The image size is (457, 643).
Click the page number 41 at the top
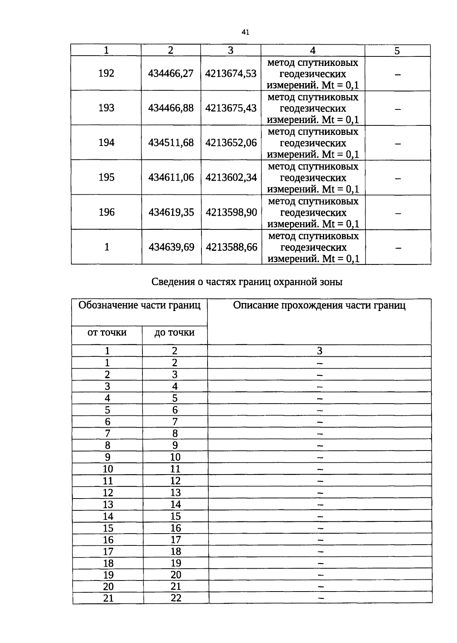(x=245, y=32)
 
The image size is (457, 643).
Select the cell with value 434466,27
(x=171, y=73)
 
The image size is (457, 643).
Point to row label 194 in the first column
(x=106, y=143)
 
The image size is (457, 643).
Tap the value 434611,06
(x=171, y=177)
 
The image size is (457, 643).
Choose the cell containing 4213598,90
(x=231, y=212)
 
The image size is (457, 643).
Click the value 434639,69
(x=171, y=247)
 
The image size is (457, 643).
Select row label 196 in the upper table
(x=107, y=212)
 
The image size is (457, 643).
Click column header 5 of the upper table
(x=397, y=51)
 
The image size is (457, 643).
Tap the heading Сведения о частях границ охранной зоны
(x=247, y=282)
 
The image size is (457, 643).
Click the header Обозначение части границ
(x=139, y=305)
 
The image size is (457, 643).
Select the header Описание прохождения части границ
(x=319, y=305)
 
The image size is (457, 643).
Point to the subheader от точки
(x=107, y=332)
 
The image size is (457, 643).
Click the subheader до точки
(x=174, y=332)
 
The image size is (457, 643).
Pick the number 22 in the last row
(x=176, y=598)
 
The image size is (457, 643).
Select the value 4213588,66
(x=232, y=247)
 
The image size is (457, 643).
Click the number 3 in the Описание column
(x=320, y=351)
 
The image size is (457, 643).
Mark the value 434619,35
(x=171, y=212)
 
